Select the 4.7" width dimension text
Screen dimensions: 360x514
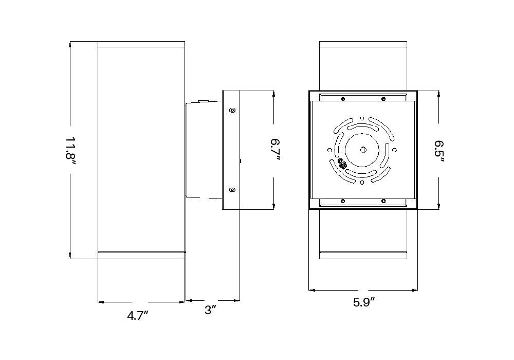(x=138, y=316)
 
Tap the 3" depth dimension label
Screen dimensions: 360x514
(x=210, y=310)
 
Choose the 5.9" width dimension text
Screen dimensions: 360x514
(x=363, y=302)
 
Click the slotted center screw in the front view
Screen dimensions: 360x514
(x=363, y=150)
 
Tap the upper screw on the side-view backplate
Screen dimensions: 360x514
(x=232, y=110)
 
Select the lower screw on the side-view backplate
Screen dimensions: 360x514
(x=232, y=189)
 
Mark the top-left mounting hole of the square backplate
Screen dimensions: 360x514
(x=343, y=99)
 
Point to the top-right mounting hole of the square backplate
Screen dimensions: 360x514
(x=383, y=99)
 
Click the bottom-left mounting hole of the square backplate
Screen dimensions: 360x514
(x=343, y=201)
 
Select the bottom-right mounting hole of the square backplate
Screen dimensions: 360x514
(x=383, y=201)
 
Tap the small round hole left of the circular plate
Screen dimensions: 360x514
(x=330, y=150)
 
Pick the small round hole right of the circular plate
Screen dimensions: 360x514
(x=395, y=150)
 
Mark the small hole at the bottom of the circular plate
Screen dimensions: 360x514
(x=363, y=182)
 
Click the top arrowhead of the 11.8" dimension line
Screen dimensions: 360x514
(x=70, y=44)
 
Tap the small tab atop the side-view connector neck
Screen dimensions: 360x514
(x=203, y=101)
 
